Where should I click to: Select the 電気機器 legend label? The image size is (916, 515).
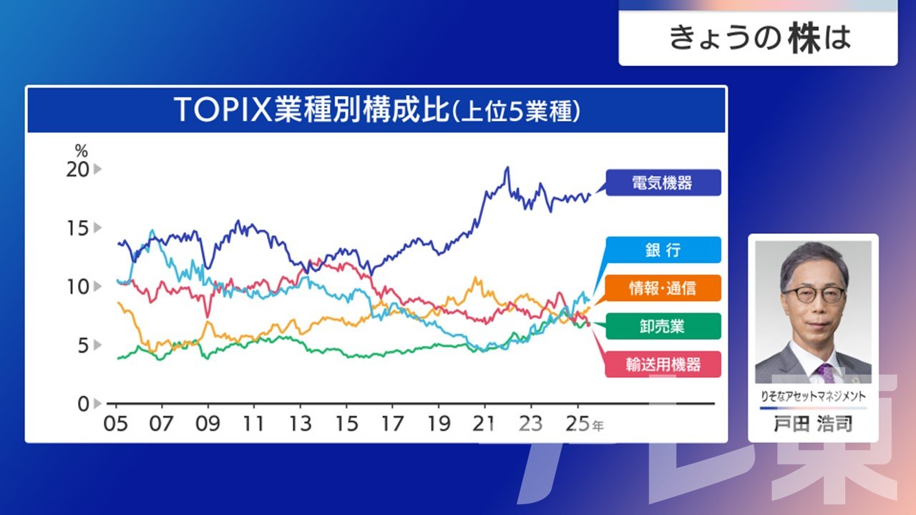(663, 182)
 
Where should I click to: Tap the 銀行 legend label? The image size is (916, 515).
(663, 250)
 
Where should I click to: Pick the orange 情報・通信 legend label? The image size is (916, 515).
(663, 288)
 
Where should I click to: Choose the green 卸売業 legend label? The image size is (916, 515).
(663, 326)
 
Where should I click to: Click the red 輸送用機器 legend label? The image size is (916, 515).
(663, 365)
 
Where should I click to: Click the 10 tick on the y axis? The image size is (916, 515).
(79, 287)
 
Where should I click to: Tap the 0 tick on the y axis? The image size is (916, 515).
(83, 403)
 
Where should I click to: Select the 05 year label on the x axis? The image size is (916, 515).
(116, 423)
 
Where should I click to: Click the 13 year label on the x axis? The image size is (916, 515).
(301, 423)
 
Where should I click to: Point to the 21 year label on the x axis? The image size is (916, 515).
(485, 423)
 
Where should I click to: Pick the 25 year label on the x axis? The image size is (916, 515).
(578, 423)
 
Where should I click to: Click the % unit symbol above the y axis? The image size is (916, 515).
(81, 151)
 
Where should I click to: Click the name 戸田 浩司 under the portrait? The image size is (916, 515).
(813, 423)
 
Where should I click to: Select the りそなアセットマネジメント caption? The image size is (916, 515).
(813, 396)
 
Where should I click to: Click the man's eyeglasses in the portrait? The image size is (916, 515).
(813, 294)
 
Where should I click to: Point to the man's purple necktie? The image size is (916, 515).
(827, 372)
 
